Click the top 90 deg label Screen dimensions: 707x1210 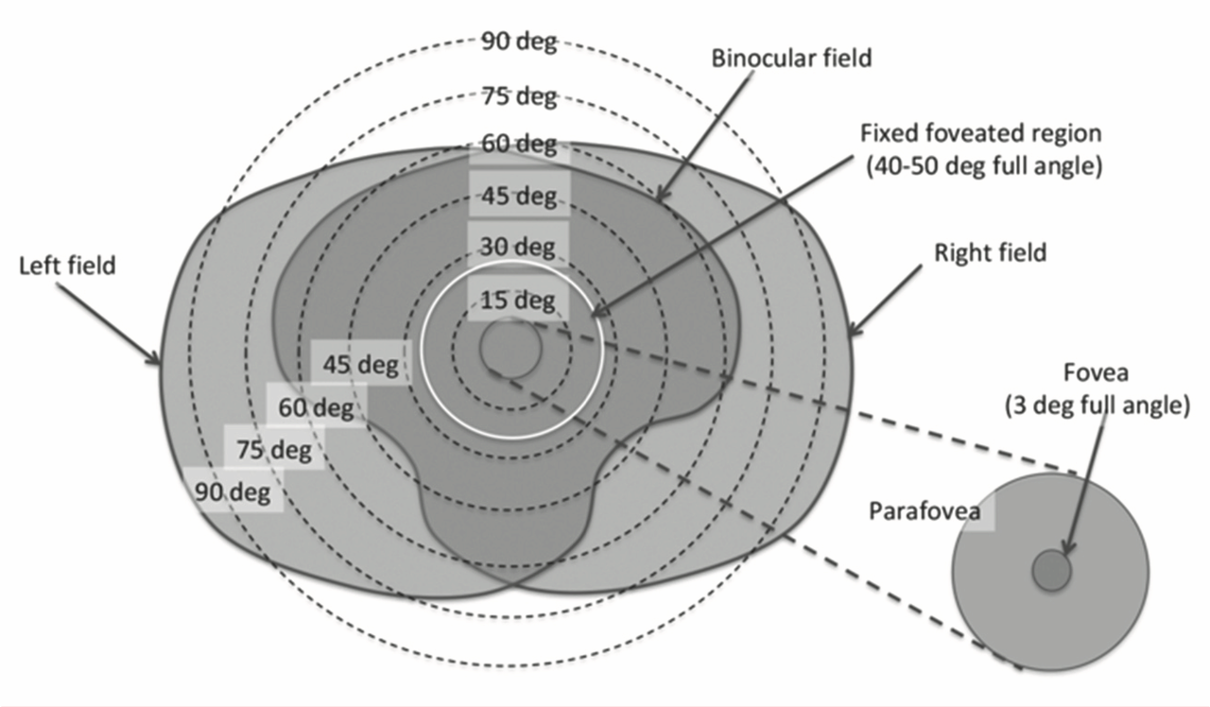(x=519, y=42)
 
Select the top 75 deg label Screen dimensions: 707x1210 (x=519, y=96)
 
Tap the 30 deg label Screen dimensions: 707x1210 (x=519, y=247)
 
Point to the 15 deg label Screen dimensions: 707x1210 (x=519, y=302)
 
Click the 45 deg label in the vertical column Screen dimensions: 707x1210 (x=519, y=197)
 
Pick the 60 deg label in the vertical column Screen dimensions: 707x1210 (x=519, y=146)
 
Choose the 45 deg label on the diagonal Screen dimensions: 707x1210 (x=360, y=364)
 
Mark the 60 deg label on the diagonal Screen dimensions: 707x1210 (x=316, y=408)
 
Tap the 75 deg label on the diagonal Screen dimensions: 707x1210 (x=274, y=450)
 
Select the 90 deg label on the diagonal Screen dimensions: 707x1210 (x=233, y=491)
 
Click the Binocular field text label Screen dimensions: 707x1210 (x=790, y=58)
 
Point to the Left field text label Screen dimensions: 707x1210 (x=67, y=266)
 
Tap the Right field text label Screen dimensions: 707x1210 (x=991, y=252)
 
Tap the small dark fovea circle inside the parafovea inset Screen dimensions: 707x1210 (x=1051, y=572)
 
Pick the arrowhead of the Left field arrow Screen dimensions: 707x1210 (x=157, y=360)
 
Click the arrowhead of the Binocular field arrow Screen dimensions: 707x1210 (x=658, y=199)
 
